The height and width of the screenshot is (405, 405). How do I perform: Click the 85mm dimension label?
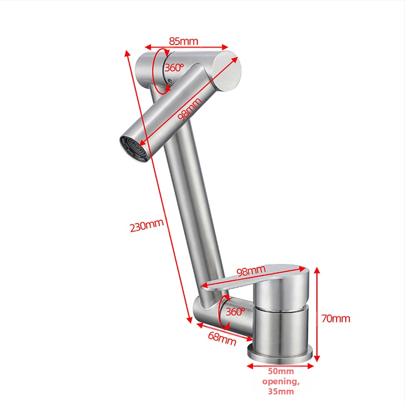click(184, 42)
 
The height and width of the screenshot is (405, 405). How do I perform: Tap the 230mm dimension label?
click(147, 225)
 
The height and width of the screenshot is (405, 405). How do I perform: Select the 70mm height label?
click(336, 318)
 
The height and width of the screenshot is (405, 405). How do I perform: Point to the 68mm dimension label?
click(222, 339)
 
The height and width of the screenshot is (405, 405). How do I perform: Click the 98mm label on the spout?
click(189, 109)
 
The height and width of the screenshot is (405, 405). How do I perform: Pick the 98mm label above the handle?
click(251, 270)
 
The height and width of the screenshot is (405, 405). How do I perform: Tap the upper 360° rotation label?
click(174, 68)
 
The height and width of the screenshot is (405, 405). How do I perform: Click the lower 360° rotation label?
click(235, 312)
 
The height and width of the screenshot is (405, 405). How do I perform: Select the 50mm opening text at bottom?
click(281, 381)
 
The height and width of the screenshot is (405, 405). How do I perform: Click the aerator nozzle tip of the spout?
click(134, 149)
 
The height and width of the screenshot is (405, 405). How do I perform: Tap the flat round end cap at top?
click(227, 71)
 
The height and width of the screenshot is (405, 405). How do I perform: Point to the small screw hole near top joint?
click(170, 81)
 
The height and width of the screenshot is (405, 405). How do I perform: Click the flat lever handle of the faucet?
click(255, 277)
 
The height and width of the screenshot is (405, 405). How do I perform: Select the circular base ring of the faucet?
click(280, 352)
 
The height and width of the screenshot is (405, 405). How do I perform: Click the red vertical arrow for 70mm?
click(317, 314)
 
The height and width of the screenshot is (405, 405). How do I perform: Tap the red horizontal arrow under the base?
click(280, 366)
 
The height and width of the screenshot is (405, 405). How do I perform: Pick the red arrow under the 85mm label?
click(186, 47)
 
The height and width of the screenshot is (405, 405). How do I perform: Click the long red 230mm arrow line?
click(158, 186)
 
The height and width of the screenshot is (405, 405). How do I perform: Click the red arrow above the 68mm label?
click(225, 332)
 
